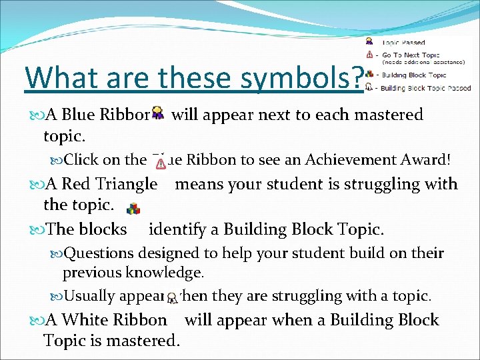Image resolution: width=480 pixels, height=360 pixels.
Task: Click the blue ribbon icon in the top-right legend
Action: [369, 42]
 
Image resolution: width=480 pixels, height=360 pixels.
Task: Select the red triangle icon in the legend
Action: [369, 55]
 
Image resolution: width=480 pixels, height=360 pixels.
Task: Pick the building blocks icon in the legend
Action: [369, 74]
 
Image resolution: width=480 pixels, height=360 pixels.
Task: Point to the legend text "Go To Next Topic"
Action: [411, 55]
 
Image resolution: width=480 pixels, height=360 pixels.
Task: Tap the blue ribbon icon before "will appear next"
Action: [158, 113]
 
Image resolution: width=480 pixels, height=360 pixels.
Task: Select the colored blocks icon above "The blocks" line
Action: [133, 208]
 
